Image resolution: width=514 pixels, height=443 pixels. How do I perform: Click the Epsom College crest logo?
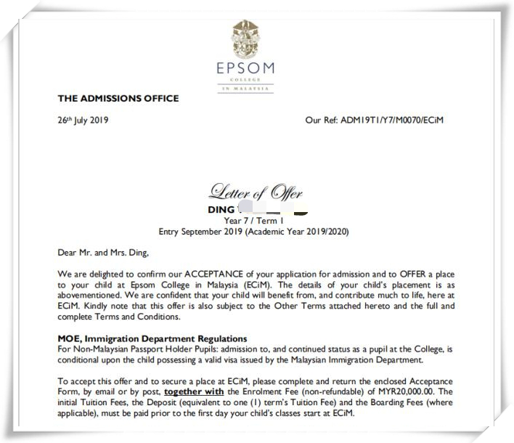click(x=246, y=38)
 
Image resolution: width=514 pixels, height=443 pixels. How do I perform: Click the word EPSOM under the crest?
click(x=246, y=69)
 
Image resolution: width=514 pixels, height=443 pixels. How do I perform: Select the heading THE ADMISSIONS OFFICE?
click(x=118, y=98)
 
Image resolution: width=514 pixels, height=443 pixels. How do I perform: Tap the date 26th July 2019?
click(x=83, y=120)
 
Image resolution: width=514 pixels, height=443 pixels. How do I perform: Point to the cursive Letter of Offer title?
click(x=256, y=192)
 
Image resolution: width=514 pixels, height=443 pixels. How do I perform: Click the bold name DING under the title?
click(x=221, y=210)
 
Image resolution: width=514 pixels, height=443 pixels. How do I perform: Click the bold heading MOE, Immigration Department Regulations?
click(x=152, y=339)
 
